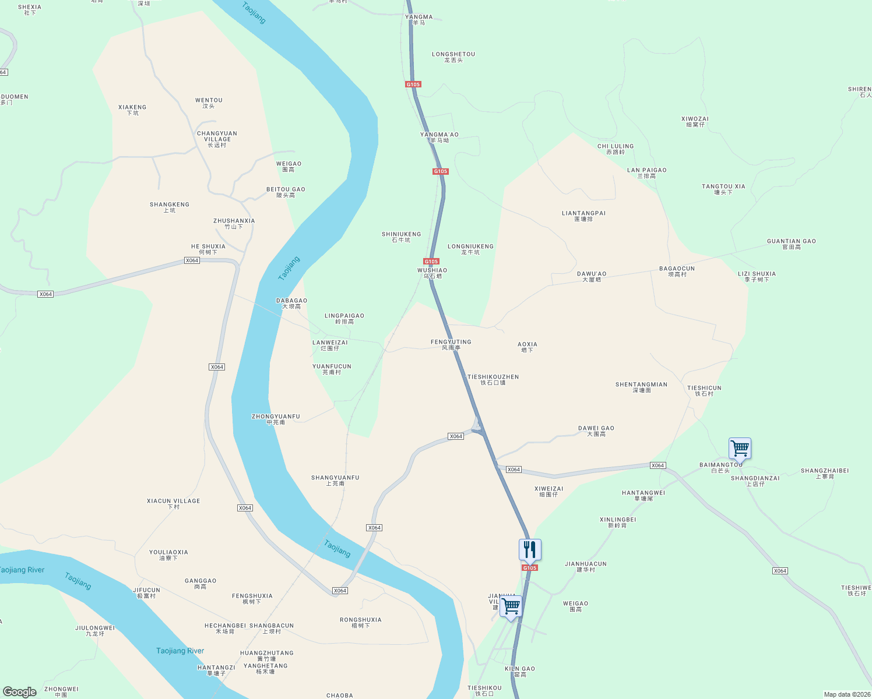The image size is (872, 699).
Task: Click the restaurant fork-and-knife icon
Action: pos(530,549)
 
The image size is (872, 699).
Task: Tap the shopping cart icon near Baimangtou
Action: pos(740,449)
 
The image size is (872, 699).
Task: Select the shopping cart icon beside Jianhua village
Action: pos(511,606)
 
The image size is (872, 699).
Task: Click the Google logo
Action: pos(19,692)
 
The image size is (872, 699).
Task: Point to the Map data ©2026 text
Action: pos(846,694)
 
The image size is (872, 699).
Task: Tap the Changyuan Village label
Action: pos(217,139)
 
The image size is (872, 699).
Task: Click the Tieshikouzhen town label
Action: pos(493,379)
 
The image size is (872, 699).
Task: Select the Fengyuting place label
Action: pos(451,344)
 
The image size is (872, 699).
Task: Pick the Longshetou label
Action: pos(453,57)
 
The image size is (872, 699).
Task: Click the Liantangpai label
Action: pos(583,216)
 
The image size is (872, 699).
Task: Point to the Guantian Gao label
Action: pos(791,243)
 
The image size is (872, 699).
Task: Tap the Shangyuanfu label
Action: pos(335,480)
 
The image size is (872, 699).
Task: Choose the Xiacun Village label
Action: pos(173,503)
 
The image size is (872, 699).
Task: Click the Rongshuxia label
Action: pos(361,622)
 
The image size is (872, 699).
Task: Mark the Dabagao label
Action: pos(291,303)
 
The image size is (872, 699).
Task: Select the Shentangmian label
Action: pos(641,387)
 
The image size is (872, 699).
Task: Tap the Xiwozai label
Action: pos(695,121)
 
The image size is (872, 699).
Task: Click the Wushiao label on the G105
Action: pos(432,273)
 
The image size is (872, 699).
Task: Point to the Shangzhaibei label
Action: pos(825,473)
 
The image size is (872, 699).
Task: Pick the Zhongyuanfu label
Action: pos(276,419)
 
